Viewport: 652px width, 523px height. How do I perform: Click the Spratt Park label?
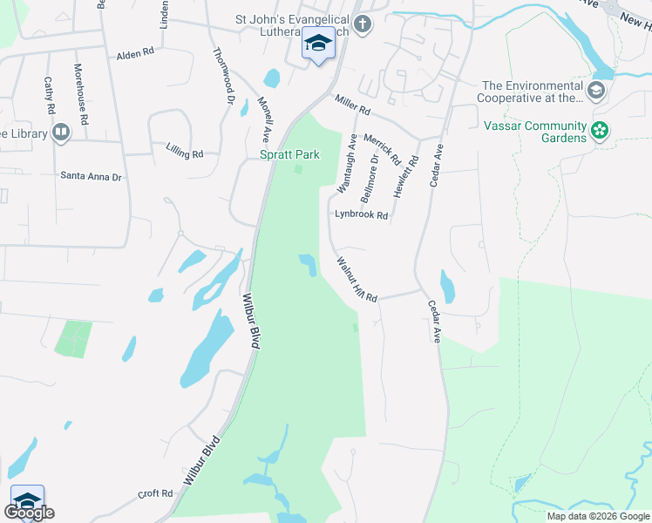[289, 154]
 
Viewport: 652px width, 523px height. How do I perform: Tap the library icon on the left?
[61, 132]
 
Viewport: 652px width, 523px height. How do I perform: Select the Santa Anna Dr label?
[91, 175]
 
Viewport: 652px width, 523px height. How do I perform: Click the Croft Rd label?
[155, 493]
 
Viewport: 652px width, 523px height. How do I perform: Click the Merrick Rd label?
[382, 149]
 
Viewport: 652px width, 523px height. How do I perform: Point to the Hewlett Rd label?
[405, 176]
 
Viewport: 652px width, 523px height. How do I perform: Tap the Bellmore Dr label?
[369, 177]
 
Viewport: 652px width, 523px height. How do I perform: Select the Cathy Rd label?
[50, 95]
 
